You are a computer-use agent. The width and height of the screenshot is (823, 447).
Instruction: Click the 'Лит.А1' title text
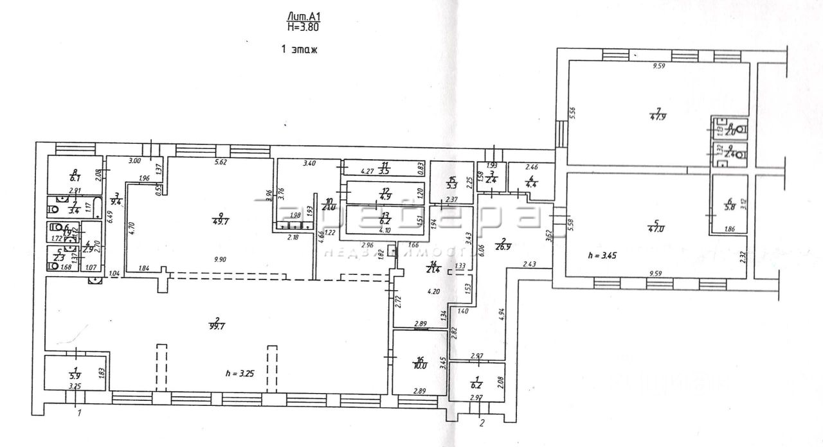(x=302, y=17)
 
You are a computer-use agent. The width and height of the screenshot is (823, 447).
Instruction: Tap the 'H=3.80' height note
(x=302, y=27)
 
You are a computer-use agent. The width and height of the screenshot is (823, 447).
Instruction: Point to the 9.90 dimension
(x=221, y=259)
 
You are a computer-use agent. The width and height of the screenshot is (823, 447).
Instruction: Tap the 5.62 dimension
(x=221, y=163)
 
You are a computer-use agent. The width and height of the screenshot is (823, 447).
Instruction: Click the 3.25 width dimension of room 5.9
(x=76, y=386)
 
